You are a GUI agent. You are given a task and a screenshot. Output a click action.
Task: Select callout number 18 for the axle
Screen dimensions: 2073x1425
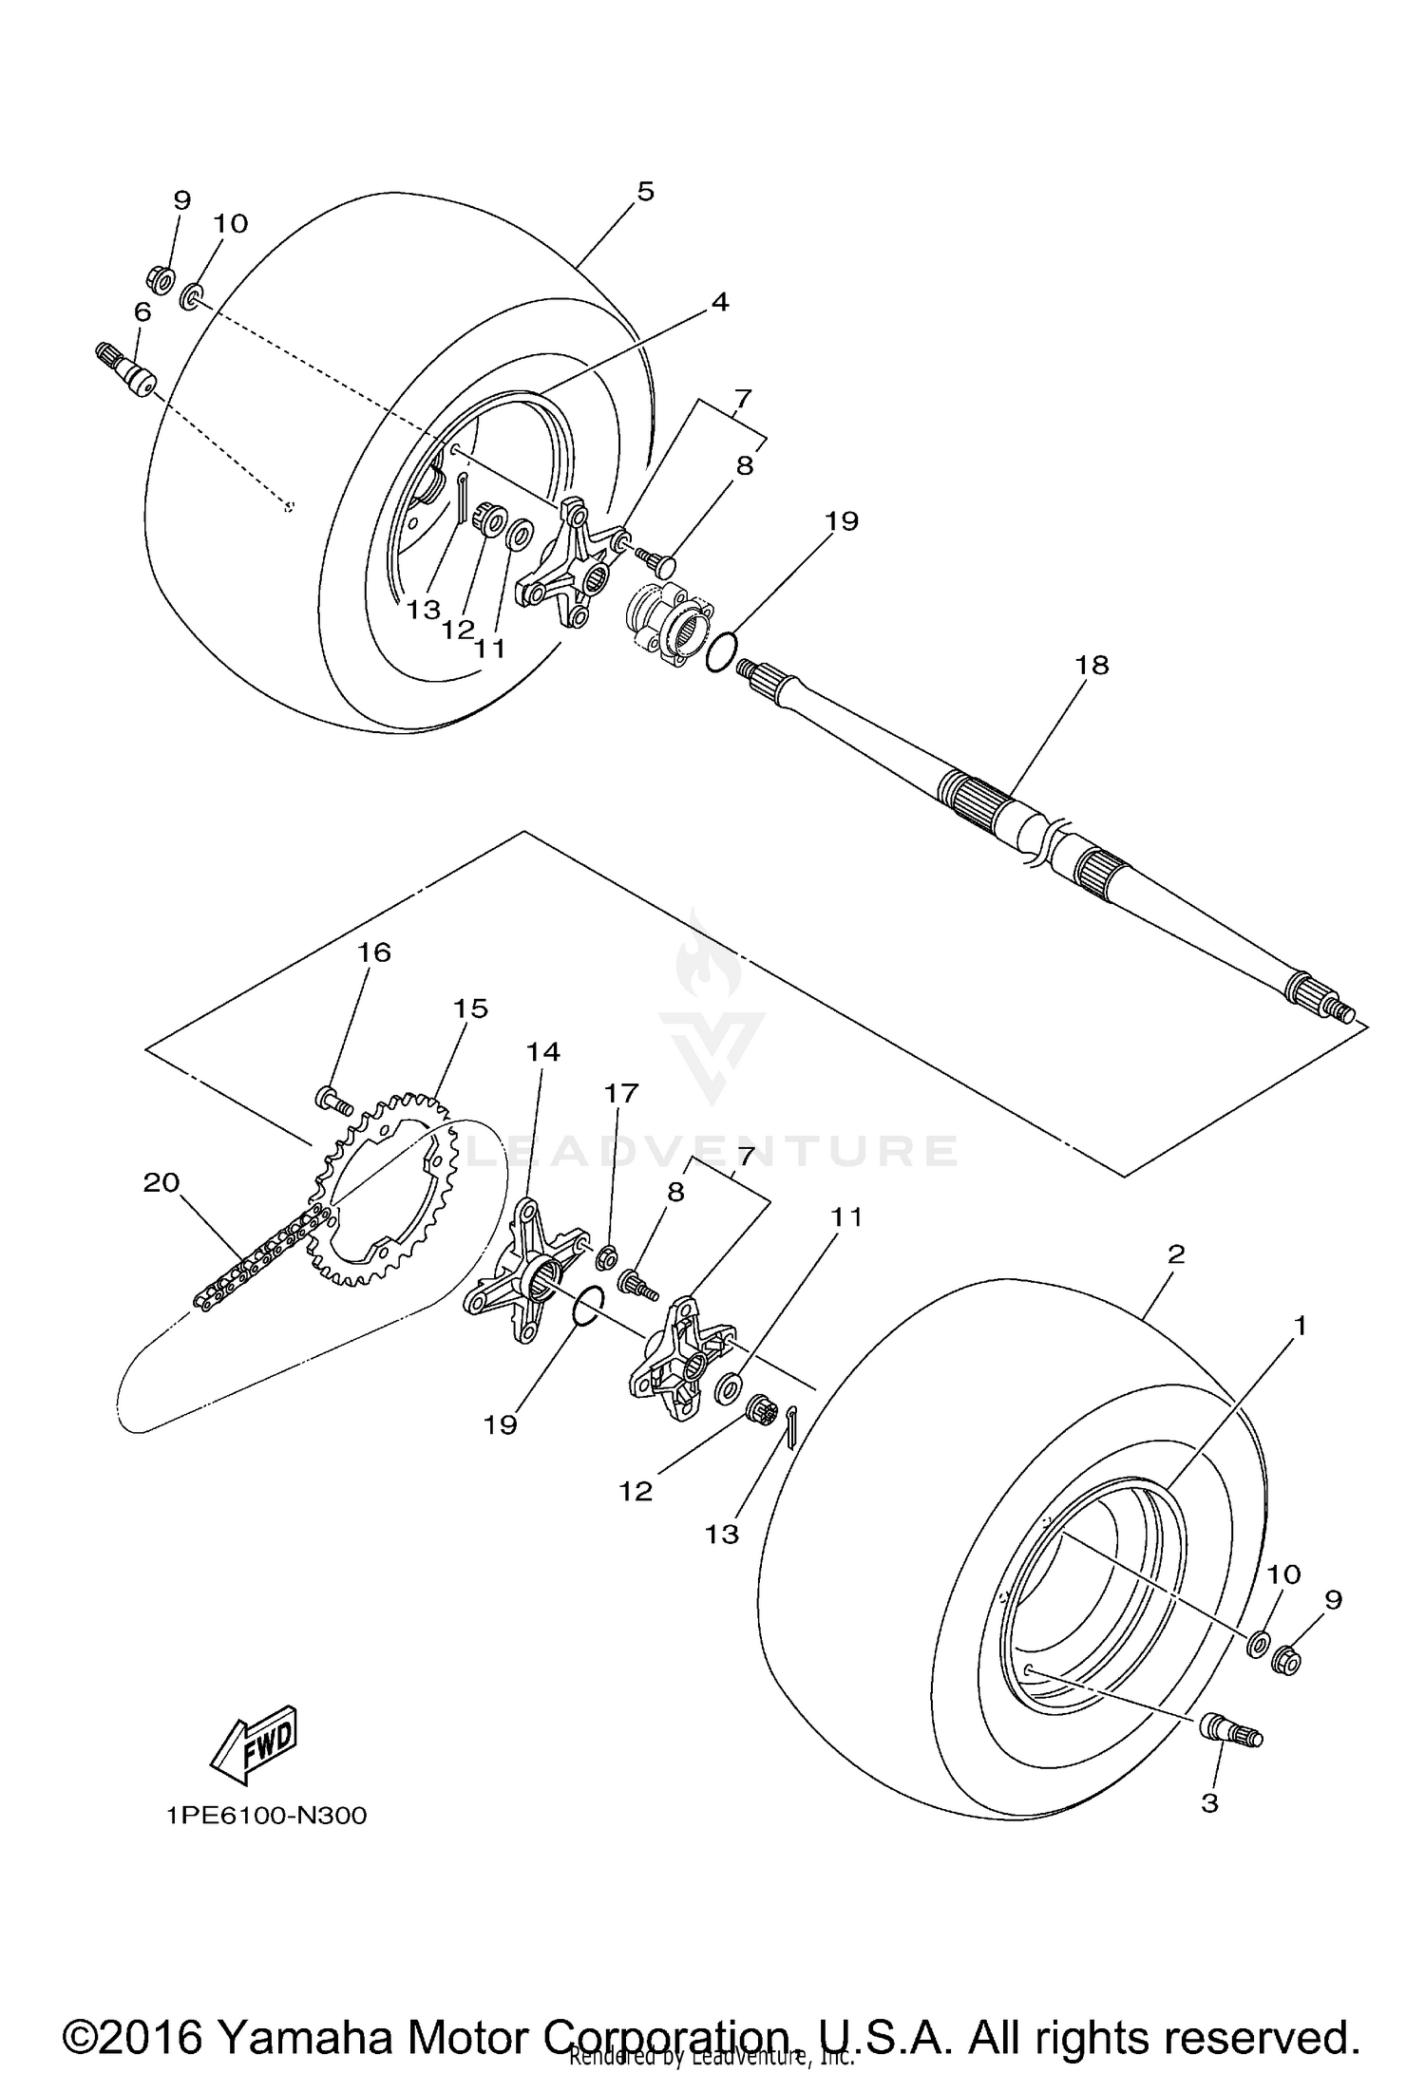(1092, 665)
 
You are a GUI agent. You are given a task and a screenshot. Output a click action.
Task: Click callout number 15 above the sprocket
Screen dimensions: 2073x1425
(470, 1008)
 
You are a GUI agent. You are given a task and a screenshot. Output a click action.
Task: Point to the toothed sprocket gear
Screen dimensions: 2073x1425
(375, 1192)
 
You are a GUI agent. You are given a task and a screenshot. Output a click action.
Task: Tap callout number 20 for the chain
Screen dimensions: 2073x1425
(161, 1183)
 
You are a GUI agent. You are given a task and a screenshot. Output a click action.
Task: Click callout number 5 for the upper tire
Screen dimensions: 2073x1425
(645, 192)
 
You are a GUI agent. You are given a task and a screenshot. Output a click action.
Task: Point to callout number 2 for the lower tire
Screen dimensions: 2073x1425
(1176, 1254)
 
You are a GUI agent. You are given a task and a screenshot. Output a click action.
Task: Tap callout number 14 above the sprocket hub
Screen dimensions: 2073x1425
(544, 1052)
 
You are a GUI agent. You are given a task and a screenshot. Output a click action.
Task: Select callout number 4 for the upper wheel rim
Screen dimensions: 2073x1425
(720, 302)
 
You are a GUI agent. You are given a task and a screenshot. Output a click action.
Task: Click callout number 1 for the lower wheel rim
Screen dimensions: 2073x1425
(1300, 1326)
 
